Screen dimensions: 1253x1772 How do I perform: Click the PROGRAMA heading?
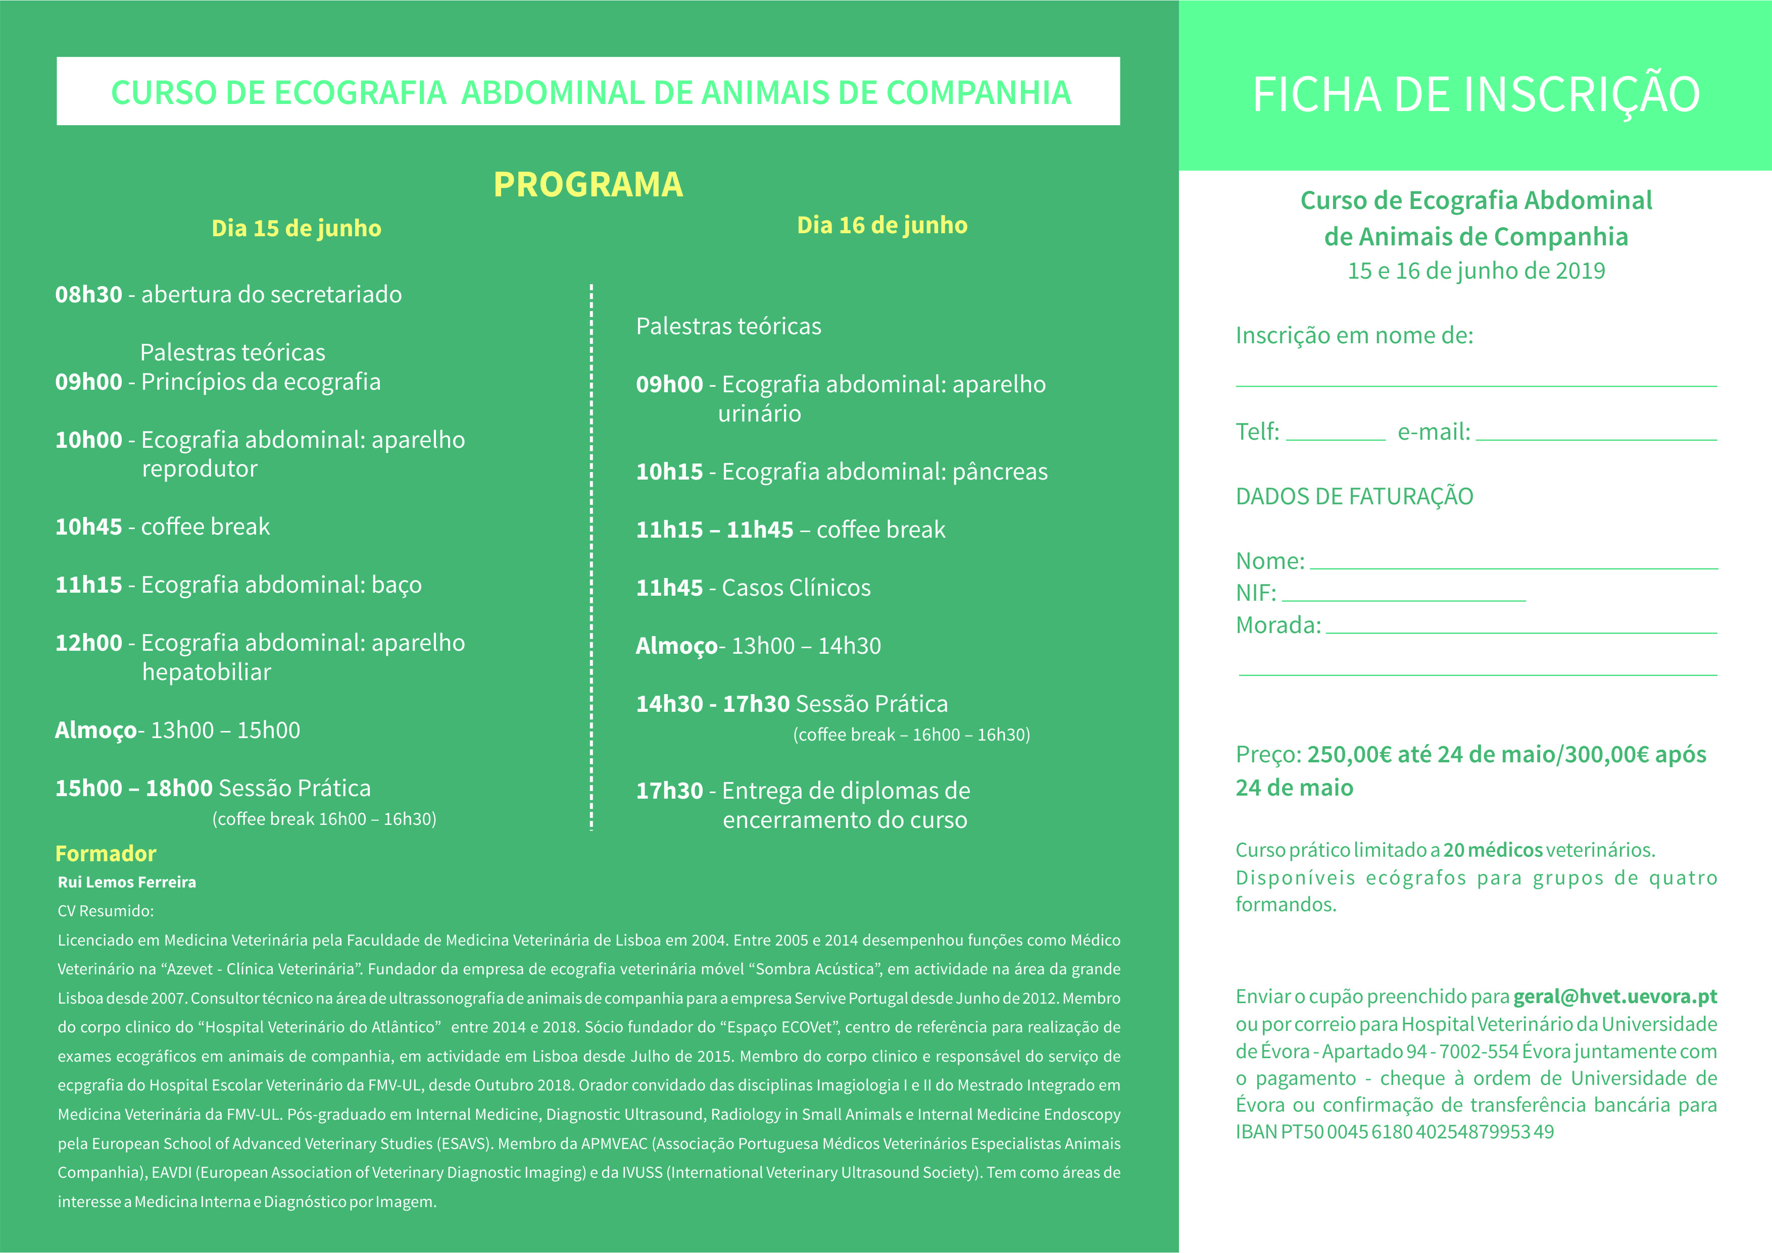coord(588,184)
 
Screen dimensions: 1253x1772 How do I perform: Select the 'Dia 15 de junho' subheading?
coord(297,228)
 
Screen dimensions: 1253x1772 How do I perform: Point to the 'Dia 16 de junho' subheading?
coord(882,225)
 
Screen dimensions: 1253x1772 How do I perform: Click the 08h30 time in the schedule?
coord(89,295)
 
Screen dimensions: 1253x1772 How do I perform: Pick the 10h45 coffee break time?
coord(89,527)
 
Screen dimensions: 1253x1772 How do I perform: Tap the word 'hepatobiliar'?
coord(206,672)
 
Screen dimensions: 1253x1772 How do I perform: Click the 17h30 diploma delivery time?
coord(669,791)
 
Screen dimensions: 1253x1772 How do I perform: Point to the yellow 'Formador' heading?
coord(106,853)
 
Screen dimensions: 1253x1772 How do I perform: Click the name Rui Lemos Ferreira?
coord(127,882)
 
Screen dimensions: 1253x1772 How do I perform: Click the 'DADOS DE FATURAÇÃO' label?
coord(1354,496)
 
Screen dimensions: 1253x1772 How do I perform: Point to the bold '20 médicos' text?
coord(1493,850)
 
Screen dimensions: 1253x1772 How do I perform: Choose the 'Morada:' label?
coord(1278,625)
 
